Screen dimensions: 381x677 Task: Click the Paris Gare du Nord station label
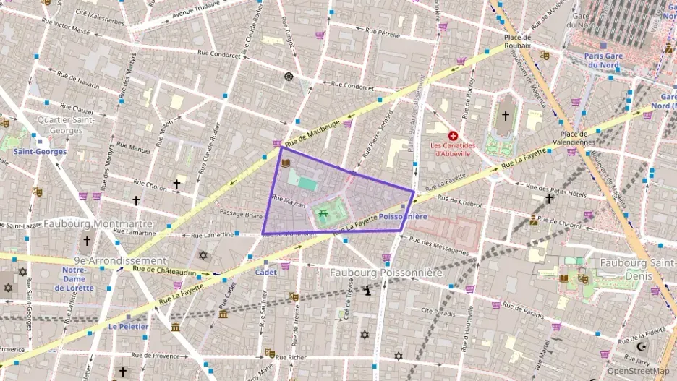coord(603,60)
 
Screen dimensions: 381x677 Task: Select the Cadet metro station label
coord(265,273)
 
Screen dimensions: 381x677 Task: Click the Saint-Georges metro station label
coord(40,152)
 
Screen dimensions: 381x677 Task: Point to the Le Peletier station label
coord(128,326)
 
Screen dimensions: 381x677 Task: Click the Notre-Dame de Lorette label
coord(74,278)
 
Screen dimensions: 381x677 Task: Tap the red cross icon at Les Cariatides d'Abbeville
coord(454,135)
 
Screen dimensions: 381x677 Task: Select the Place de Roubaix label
coord(518,41)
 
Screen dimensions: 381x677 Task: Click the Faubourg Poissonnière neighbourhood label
coord(385,273)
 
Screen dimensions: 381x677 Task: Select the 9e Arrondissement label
coord(120,260)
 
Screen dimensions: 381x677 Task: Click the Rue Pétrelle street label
coord(383,32)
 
